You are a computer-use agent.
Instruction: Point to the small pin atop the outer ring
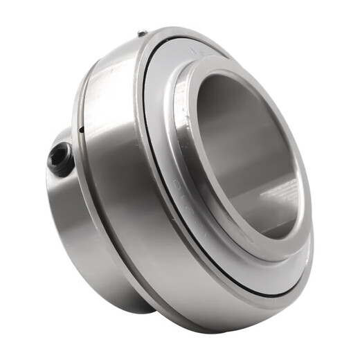[142, 33]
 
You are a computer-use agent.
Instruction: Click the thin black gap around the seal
[149, 166]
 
